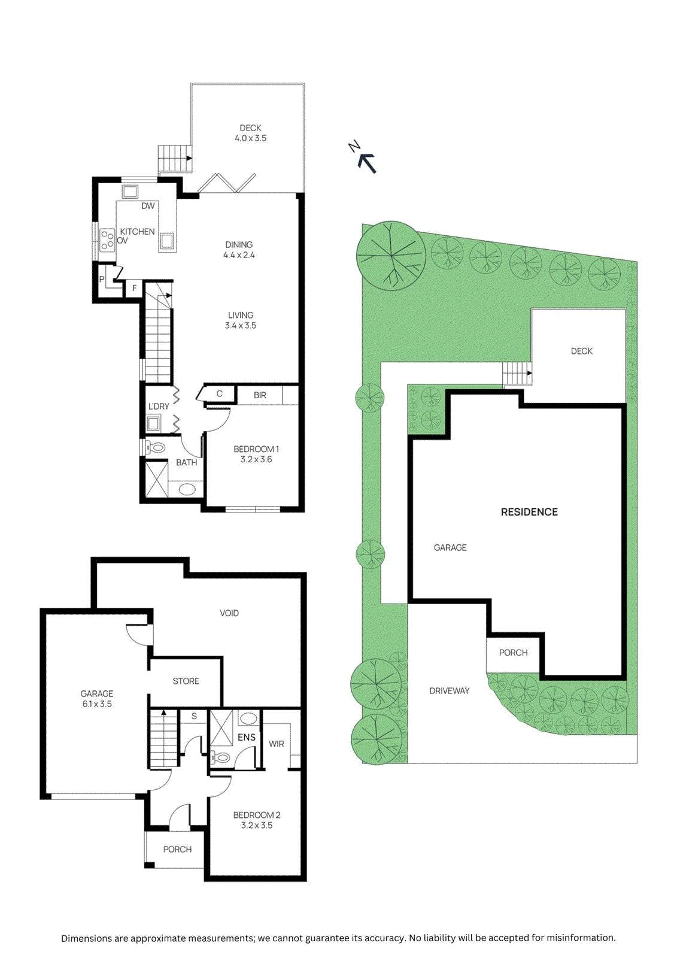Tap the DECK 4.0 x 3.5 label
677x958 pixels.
tap(250, 133)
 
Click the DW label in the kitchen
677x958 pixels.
tap(148, 206)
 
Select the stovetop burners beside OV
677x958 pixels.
tap(107, 239)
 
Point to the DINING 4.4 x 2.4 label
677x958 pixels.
tap(239, 250)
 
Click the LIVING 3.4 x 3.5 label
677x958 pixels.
tap(241, 320)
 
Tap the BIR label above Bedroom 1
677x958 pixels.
tap(260, 395)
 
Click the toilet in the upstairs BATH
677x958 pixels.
tap(156, 447)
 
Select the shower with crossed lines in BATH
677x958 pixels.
tap(157, 479)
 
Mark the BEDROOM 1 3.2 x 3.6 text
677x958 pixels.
tap(256, 454)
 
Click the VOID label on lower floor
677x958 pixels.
tap(229, 613)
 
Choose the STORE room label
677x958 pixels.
tap(186, 681)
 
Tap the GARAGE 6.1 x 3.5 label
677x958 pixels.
tap(97, 699)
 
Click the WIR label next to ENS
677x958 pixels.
tap(276, 744)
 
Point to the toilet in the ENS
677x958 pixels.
tap(221, 757)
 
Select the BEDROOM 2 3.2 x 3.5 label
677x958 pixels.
tap(256, 820)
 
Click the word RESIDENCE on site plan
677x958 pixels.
tap(529, 512)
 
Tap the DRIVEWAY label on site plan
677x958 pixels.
tap(449, 691)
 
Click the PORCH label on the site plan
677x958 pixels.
tap(513, 653)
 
